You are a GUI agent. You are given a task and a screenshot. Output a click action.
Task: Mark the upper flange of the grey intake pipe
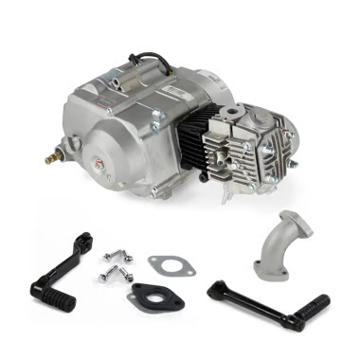click(x=278, y=229)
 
